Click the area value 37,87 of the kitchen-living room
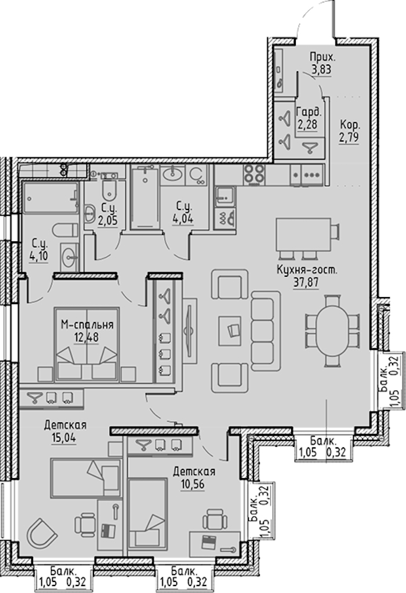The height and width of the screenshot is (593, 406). click(x=306, y=283)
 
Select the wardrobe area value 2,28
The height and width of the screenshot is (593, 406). click(x=307, y=124)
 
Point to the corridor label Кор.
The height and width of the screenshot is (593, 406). click(x=350, y=125)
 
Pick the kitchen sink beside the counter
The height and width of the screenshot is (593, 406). click(x=224, y=197)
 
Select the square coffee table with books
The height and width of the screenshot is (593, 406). click(x=233, y=331)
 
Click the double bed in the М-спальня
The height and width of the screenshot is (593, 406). click(x=87, y=344)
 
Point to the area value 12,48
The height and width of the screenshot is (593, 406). click(x=86, y=337)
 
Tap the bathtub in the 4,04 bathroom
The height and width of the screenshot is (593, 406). click(x=144, y=198)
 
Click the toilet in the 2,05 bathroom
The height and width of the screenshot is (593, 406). click(x=108, y=190)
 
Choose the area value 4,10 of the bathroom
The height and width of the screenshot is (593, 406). click(x=38, y=256)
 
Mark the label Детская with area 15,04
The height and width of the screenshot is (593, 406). click(x=65, y=425)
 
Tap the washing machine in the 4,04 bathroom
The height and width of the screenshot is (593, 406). click(x=197, y=175)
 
